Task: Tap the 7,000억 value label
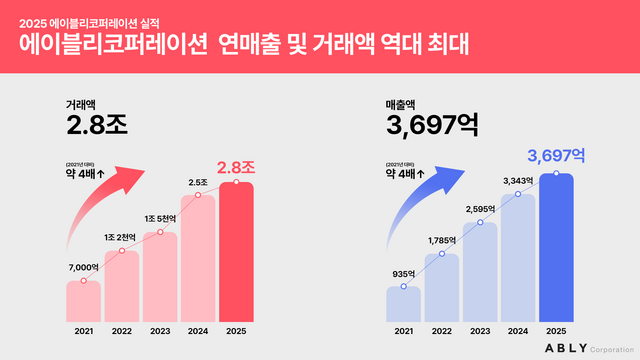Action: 83,267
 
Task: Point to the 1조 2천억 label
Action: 122,236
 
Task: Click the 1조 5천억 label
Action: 160,218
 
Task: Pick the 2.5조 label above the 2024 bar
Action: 198,181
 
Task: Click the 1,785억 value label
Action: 441,240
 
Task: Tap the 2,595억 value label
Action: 480,208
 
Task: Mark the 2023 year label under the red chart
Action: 160,331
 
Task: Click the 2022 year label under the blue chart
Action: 441,331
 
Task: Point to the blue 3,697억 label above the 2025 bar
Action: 556,156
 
